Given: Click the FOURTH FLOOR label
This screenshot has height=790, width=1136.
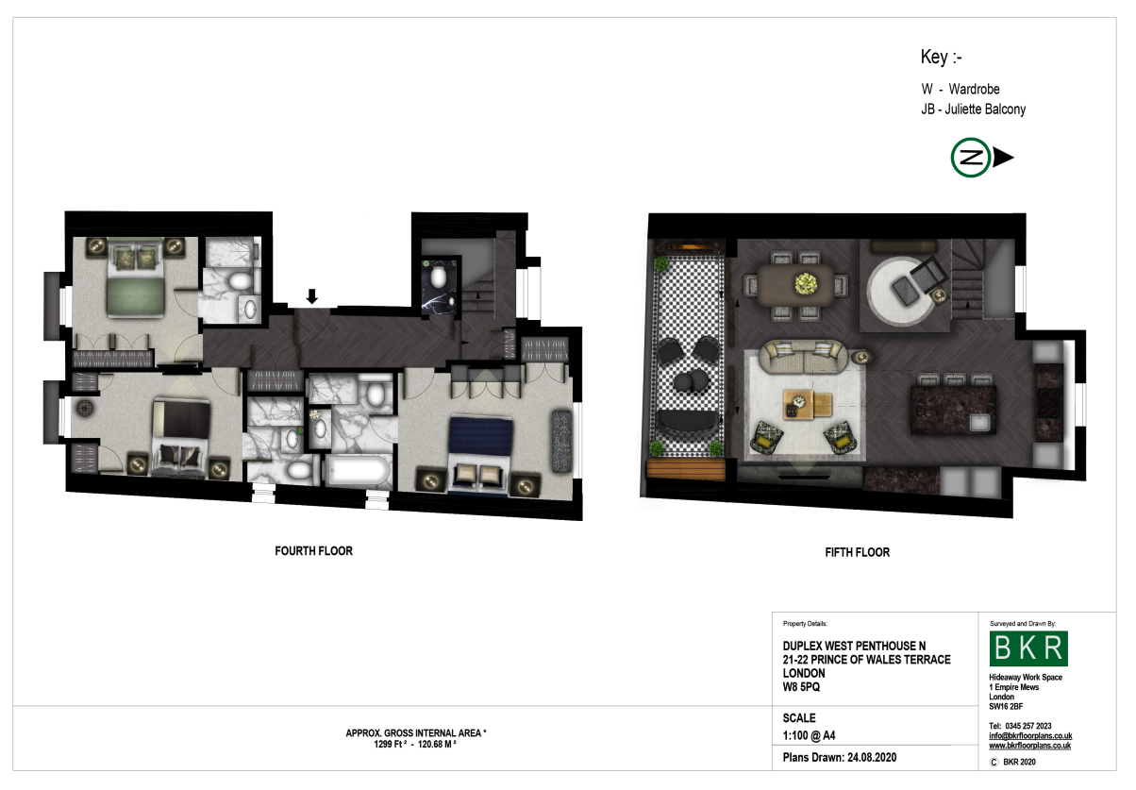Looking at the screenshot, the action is click(313, 551).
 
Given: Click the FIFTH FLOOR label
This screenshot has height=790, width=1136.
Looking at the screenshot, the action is click(857, 552).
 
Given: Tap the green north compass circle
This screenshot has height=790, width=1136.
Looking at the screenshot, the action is click(971, 158).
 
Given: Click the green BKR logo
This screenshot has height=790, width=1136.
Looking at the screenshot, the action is click(1028, 648).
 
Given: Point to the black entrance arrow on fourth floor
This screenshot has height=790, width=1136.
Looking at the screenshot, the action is click(312, 296).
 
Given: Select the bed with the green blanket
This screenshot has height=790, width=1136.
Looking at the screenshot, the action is click(136, 278).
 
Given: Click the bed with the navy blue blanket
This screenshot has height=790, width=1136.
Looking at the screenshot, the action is click(479, 455).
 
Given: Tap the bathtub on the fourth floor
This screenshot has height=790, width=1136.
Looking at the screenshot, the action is click(358, 471).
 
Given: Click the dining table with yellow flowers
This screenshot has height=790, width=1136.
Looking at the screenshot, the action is click(795, 285).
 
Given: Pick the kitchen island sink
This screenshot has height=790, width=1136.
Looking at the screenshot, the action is click(979, 422).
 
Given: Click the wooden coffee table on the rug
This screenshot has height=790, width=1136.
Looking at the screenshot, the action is click(807, 404).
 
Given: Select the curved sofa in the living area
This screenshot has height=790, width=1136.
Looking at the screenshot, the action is click(803, 357).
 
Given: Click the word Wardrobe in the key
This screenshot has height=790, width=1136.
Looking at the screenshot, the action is click(975, 90).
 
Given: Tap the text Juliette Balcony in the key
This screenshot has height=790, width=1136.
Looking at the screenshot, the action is click(985, 109).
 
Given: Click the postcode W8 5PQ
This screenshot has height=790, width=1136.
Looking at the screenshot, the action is click(801, 687).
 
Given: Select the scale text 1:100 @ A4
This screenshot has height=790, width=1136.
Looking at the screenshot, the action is click(809, 735).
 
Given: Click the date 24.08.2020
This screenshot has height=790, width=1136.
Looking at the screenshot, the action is click(872, 758).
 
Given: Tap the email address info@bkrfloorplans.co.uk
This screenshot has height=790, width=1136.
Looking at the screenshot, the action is click(1030, 735).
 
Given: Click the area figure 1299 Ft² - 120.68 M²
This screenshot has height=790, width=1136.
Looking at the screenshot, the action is click(415, 745).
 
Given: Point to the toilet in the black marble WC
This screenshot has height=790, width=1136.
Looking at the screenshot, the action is click(438, 277).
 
